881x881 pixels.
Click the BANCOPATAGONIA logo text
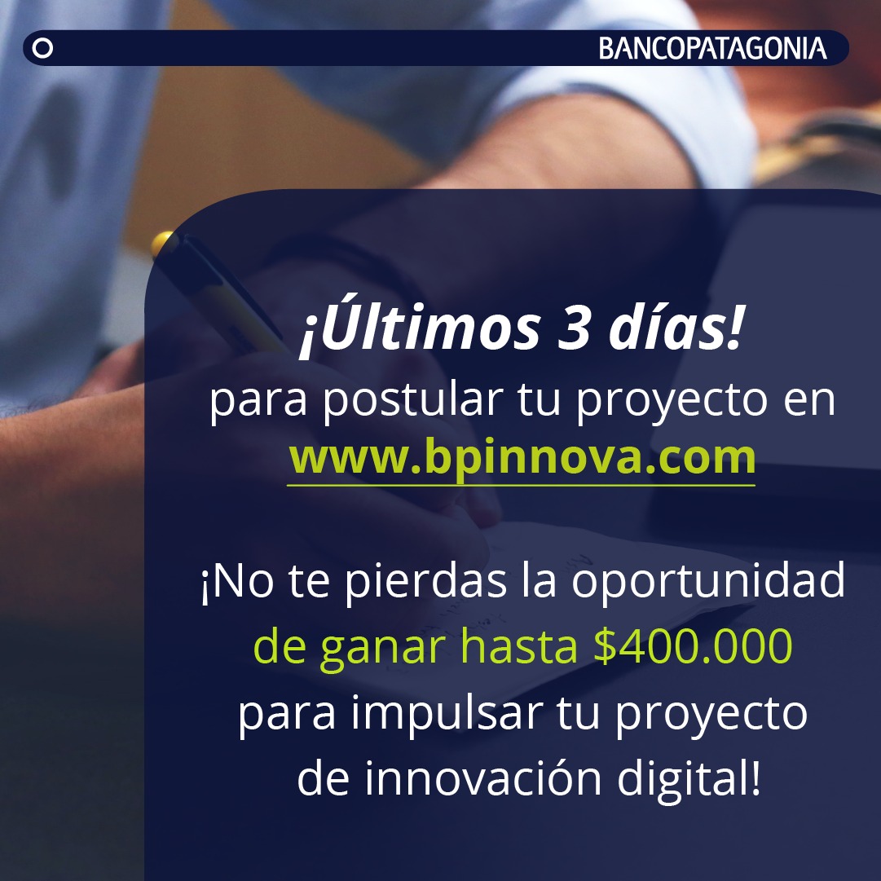coord(712,48)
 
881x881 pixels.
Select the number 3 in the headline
coord(574,329)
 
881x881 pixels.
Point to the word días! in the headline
coord(677,328)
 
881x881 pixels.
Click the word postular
coord(412,401)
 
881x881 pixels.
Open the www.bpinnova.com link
coord(522,458)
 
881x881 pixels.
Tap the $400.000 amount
coord(693,646)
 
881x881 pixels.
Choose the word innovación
coord(484,777)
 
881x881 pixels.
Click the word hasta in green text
coord(518,646)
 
